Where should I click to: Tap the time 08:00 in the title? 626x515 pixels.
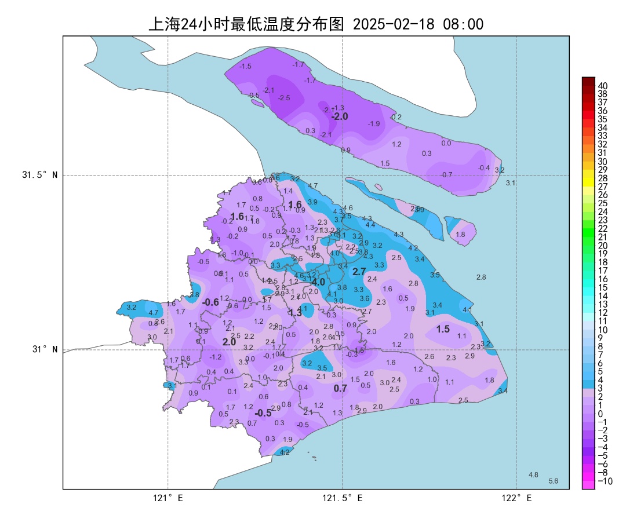click(463, 24)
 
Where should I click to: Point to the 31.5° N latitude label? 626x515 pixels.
click(40, 175)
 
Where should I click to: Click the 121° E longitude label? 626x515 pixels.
click(168, 498)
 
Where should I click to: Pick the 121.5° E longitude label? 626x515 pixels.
click(343, 498)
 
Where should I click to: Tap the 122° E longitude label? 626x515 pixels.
click(516, 498)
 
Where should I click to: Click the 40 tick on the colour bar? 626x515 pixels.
click(602, 86)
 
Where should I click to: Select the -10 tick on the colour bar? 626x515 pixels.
click(603, 481)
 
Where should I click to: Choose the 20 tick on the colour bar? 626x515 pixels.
click(602, 245)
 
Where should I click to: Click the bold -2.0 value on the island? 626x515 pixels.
click(340, 116)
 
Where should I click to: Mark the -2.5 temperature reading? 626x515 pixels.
click(284, 98)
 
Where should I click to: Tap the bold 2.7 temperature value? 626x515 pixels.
click(359, 271)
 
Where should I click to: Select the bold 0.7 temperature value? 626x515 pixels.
click(340, 388)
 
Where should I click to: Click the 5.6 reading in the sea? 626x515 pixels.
click(553, 481)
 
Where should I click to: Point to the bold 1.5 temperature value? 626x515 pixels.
click(443, 329)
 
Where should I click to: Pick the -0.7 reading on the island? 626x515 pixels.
click(446, 174)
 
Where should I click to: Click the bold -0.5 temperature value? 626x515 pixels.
click(263, 412)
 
